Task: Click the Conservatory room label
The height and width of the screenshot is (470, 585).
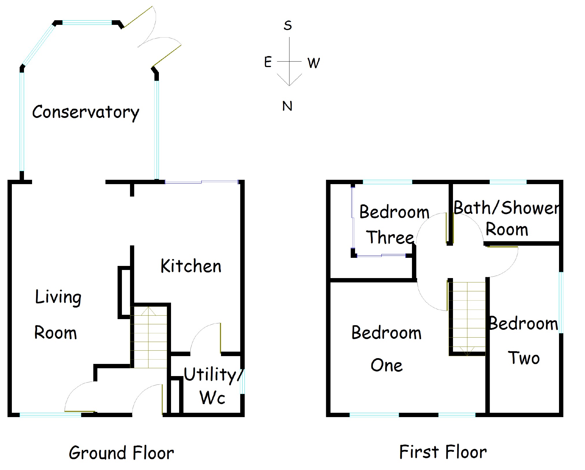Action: pyautogui.click(x=86, y=112)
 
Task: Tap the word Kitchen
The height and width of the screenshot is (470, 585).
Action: pyautogui.click(x=191, y=266)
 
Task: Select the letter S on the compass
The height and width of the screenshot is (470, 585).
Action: pyautogui.click(x=288, y=25)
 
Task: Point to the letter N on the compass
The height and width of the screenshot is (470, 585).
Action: pyautogui.click(x=287, y=106)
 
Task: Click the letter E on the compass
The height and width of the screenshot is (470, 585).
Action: pyautogui.click(x=268, y=62)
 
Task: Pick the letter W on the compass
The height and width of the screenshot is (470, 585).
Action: pyautogui.click(x=313, y=63)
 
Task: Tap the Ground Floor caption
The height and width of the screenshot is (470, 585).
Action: pyautogui.click(x=121, y=453)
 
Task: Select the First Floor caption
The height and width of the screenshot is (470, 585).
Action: pyautogui.click(x=443, y=452)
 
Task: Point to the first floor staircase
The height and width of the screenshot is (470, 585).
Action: pyautogui.click(x=468, y=318)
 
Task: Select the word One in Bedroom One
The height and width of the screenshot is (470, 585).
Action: pyautogui.click(x=387, y=365)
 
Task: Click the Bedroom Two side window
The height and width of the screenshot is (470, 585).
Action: pyautogui.click(x=561, y=302)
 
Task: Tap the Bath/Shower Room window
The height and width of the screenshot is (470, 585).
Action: pyautogui.click(x=508, y=182)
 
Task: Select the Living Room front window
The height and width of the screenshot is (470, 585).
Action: pyautogui.click(x=51, y=415)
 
